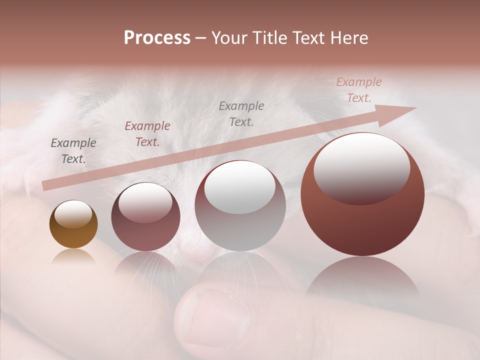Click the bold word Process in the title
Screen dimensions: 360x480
pos(157,38)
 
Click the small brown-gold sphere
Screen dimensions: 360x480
pos(73,235)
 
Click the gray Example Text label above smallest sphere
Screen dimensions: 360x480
pos(73,151)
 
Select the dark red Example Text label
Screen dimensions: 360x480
pos(147,134)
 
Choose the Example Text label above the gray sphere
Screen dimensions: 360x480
pos(241,113)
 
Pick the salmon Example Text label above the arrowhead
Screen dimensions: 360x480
pos(358,90)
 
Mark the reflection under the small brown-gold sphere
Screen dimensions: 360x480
pos(73,256)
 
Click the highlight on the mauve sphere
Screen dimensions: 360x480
pos(145,202)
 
